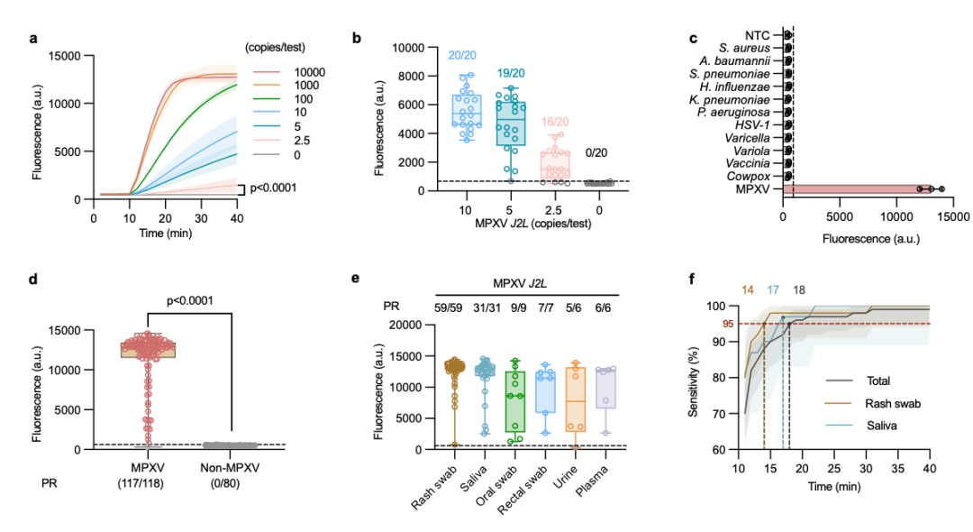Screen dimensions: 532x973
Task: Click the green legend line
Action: point(266,98)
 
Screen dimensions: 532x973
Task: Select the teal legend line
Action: point(266,126)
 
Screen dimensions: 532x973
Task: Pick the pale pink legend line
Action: point(266,140)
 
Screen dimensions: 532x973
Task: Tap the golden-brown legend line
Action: point(838,403)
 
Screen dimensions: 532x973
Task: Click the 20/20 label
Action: point(462,56)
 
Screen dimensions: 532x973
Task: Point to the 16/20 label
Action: point(555,122)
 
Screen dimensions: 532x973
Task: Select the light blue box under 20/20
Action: point(466,111)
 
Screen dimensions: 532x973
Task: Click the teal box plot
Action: point(511,124)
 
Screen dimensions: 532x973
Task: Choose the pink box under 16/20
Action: point(555,164)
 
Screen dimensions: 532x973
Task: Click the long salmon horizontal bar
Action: point(851,189)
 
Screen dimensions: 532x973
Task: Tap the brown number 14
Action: point(747,290)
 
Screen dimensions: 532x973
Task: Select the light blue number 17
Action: point(773,290)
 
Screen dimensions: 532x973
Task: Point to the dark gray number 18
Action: point(799,290)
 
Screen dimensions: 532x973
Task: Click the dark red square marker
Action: point(728,324)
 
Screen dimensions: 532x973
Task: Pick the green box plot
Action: point(515,401)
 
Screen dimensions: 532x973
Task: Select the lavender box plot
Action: point(605,389)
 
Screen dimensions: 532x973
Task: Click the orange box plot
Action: point(576,399)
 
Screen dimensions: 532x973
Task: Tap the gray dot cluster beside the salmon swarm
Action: point(231,445)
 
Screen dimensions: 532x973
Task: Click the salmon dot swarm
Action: point(148,346)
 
